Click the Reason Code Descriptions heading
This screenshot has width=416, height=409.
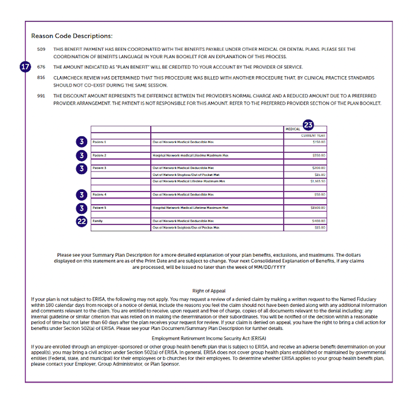tap(72, 36)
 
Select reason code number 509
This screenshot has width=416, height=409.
tap(41, 49)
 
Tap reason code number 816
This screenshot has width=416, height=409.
tap(41, 78)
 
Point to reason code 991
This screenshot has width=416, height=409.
tap(41, 96)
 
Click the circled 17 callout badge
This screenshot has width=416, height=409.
tap(26, 67)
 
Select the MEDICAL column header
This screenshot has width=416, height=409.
tap(293, 129)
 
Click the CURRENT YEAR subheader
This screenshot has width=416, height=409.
tap(313, 135)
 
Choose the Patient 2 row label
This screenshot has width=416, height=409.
tap(99, 155)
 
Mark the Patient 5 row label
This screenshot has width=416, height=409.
tap(99, 208)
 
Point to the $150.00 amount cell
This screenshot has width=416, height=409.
tap(319, 142)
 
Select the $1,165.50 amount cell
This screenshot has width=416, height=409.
tap(318, 181)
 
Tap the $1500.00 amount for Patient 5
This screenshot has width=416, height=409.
tap(318, 208)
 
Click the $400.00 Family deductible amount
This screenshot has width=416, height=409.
tap(319, 221)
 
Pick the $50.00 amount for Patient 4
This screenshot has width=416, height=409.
tap(320, 194)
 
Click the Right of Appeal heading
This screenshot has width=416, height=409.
tap(208, 291)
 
